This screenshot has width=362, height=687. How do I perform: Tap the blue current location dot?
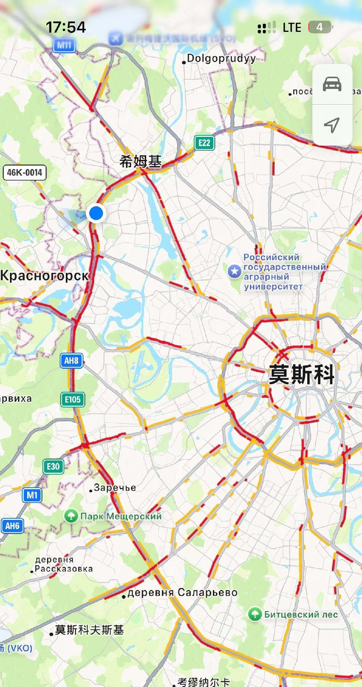[x=96, y=213]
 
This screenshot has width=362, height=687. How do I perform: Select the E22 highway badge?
[x=204, y=143]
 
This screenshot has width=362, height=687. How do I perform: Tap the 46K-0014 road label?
[x=24, y=173]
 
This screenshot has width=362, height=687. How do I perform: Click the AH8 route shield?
[x=72, y=360]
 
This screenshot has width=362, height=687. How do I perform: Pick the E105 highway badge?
[x=72, y=399]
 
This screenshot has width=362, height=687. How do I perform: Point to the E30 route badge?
[x=53, y=466]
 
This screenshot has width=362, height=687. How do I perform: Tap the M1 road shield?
[x=32, y=495]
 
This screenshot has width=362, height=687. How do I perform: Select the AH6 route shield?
[x=12, y=526]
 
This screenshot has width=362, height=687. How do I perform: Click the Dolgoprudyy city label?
[x=221, y=58]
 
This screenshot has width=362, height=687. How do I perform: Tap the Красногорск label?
[x=44, y=275]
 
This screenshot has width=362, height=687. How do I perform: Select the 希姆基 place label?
[x=140, y=162]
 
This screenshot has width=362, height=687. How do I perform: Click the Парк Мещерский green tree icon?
[x=71, y=516]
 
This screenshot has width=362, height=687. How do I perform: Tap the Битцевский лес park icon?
[x=255, y=614]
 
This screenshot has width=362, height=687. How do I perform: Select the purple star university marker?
[x=234, y=272]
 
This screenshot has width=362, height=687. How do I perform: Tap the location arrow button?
[x=332, y=125]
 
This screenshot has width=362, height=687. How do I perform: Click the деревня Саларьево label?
[x=182, y=593]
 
